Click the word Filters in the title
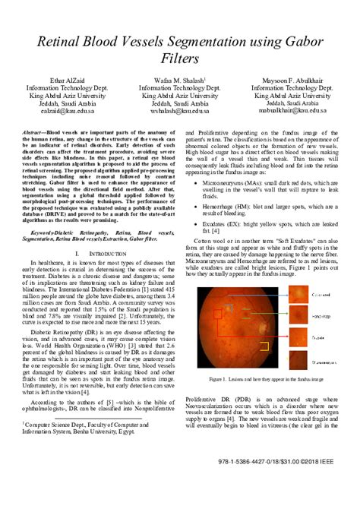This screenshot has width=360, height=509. (x=179, y=58)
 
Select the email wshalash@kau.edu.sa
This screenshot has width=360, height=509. (x=179, y=110)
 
